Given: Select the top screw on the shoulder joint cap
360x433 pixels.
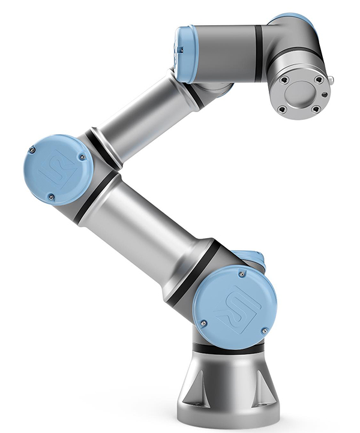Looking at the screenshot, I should coord(241,275).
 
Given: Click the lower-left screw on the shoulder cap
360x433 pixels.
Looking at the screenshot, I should coord(203,322).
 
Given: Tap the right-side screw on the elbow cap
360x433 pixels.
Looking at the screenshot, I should coord(83,157).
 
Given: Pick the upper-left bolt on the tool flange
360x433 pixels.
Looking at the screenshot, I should coord(284,80).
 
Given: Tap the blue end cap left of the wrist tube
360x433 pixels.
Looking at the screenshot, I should coord(185,54).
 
